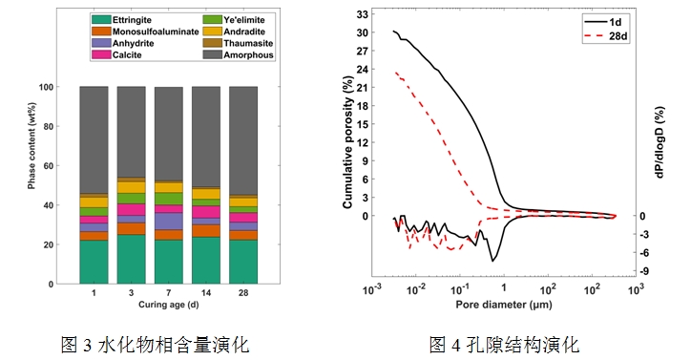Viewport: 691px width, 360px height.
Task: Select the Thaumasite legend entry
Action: click(x=235, y=43)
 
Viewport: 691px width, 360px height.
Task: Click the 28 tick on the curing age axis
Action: click(x=242, y=293)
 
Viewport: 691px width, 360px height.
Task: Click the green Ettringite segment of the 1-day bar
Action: click(x=94, y=262)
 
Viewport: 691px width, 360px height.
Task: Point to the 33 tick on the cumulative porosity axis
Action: click(x=363, y=15)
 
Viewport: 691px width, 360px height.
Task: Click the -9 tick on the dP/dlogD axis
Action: click(x=647, y=272)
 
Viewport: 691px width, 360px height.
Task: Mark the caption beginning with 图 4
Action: click(x=504, y=342)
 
